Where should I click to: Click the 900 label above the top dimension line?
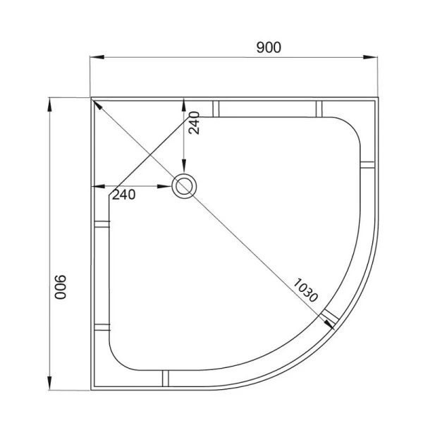269,47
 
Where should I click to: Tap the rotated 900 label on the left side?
60,287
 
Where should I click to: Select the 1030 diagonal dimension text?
305,290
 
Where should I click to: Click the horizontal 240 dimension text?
123,195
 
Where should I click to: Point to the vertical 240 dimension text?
194,123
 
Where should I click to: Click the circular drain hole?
184,186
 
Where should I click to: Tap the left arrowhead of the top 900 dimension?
97,57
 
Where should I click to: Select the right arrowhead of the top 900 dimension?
370,57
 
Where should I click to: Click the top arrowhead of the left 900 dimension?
49,105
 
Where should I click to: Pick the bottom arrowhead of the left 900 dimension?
49,383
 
